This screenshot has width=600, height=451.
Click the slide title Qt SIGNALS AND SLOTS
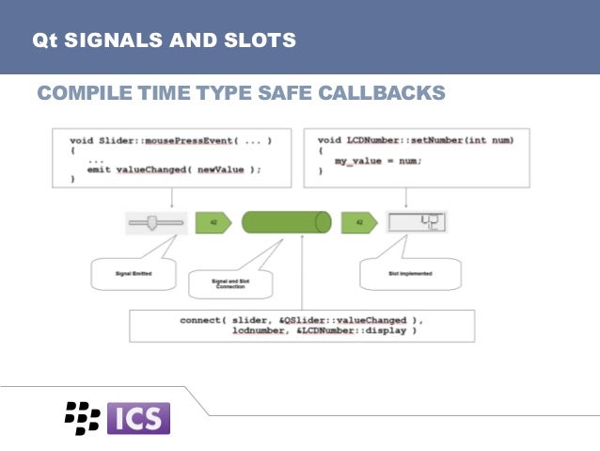coord(164,40)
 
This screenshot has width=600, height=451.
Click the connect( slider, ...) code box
coord(300,325)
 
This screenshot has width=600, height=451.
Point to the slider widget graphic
coord(156,222)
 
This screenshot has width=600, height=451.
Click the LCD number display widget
coord(416,222)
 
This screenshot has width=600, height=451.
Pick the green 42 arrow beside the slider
coord(213,222)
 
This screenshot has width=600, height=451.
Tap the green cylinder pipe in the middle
coord(286,222)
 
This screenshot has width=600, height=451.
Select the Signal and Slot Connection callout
coord(229,282)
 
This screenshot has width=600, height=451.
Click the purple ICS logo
coord(139,417)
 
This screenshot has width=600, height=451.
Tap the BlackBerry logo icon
coord(82,417)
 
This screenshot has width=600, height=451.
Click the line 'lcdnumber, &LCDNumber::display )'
coord(324,331)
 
